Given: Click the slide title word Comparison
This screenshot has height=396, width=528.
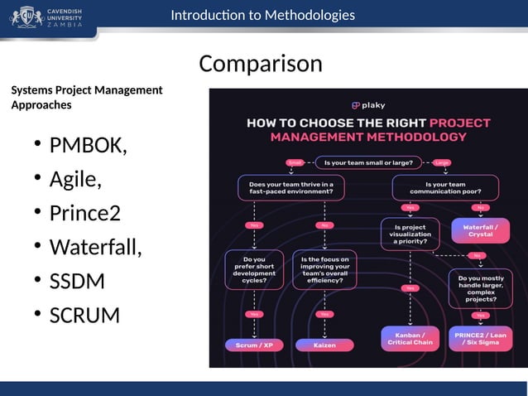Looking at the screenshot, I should pyautogui.click(x=261, y=63).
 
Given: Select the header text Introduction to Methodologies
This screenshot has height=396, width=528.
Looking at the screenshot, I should pyautogui.click(x=262, y=15).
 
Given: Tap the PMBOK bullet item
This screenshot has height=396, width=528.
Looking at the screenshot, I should pyautogui.click(x=88, y=146).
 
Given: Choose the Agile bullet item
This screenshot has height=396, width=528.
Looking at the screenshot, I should pyautogui.click(x=75, y=180).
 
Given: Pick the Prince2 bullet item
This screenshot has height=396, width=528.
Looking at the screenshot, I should pyautogui.click(x=84, y=214).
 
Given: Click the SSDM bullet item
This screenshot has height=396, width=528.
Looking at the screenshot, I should pyautogui.click(x=77, y=282).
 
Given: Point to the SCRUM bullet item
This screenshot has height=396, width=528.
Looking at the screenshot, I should pyautogui.click(x=84, y=316).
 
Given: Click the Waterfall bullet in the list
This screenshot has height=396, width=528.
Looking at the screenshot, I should pyautogui.click(x=95, y=248).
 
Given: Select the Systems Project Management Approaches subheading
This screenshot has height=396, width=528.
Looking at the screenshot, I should pyautogui.click(x=87, y=98).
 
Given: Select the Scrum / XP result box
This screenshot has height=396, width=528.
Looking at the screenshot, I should pyautogui.click(x=254, y=345).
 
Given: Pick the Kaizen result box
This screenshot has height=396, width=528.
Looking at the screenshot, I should pyautogui.click(x=324, y=345).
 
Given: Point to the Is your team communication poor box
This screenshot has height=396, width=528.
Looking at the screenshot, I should pyautogui.click(x=444, y=188).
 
